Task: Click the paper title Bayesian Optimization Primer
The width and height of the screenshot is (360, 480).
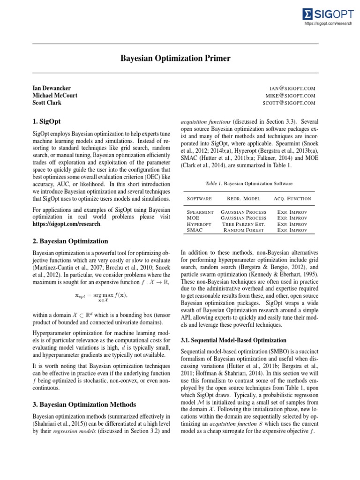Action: pyautogui.click(x=176, y=59)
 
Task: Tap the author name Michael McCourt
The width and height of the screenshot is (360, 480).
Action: pyautogui.click(x=55, y=95)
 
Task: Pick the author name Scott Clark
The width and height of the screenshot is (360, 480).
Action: pyautogui.click(x=47, y=103)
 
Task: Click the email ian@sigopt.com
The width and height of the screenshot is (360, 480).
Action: pyautogui.click(x=292, y=88)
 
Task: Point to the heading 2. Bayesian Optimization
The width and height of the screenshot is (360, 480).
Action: pyautogui.click(x=70, y=241)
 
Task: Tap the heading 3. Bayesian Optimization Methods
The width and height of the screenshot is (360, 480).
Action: pyautogui.click(x=84, y=404)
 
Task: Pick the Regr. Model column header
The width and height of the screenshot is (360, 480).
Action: pyautogui.click(x=243, y=199)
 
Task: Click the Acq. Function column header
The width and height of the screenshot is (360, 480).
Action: pyautogui.click(x=292, y=199)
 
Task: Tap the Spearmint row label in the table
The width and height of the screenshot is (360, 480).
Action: pyautogui.click(x=200, y=212)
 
